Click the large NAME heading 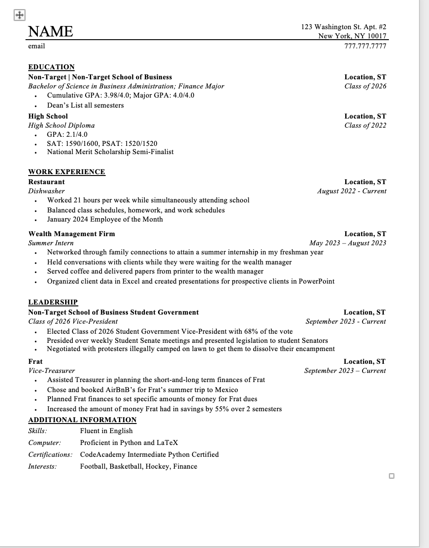51,31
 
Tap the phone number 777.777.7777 365,46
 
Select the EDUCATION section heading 51,67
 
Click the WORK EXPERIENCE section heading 66,172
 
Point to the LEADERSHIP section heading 53,302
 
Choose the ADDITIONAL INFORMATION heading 82,420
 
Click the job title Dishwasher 46,191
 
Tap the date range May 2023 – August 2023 347,243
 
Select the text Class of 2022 365,125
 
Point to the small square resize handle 392,476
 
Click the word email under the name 36,46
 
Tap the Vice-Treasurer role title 51,371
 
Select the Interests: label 42,466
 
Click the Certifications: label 50,455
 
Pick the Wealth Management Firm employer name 71,234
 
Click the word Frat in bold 36,362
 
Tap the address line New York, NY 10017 352,36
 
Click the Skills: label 37,431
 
